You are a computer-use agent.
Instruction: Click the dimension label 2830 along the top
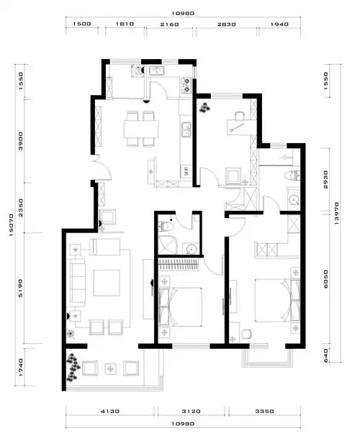click(x=227, y=24)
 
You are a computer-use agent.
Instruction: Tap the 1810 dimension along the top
click(x=125, y=24)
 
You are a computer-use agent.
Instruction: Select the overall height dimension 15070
click(x=12, y=225)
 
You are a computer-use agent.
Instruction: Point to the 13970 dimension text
click(x=336, y=213)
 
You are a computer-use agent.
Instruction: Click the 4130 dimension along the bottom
click(x=110, y=411)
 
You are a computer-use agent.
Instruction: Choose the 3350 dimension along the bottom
click(x=264, y=411)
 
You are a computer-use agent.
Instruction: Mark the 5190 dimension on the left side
click(x=21, y=288)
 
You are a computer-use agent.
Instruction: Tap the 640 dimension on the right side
click(x=325, y=355)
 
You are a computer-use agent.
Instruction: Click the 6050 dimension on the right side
click(x=325, y=279)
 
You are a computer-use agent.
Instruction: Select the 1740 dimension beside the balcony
click(x=21, y=368)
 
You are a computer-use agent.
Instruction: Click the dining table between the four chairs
click(x=141, y=129)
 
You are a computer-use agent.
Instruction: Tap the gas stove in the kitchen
click(x=186, y=85)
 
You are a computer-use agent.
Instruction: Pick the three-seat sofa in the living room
click(x=77, y=281)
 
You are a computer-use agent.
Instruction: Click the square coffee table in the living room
click(x=107, y=283)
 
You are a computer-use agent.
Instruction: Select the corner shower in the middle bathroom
click(x=167, y=245)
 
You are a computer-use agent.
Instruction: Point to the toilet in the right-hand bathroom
click(x=292, y=175)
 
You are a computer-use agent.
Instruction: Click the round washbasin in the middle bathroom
click(x=192, y=249)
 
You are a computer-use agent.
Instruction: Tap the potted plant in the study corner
click(x=204, y=107)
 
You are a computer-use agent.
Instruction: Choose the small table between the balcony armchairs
click(x=111, y=369)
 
